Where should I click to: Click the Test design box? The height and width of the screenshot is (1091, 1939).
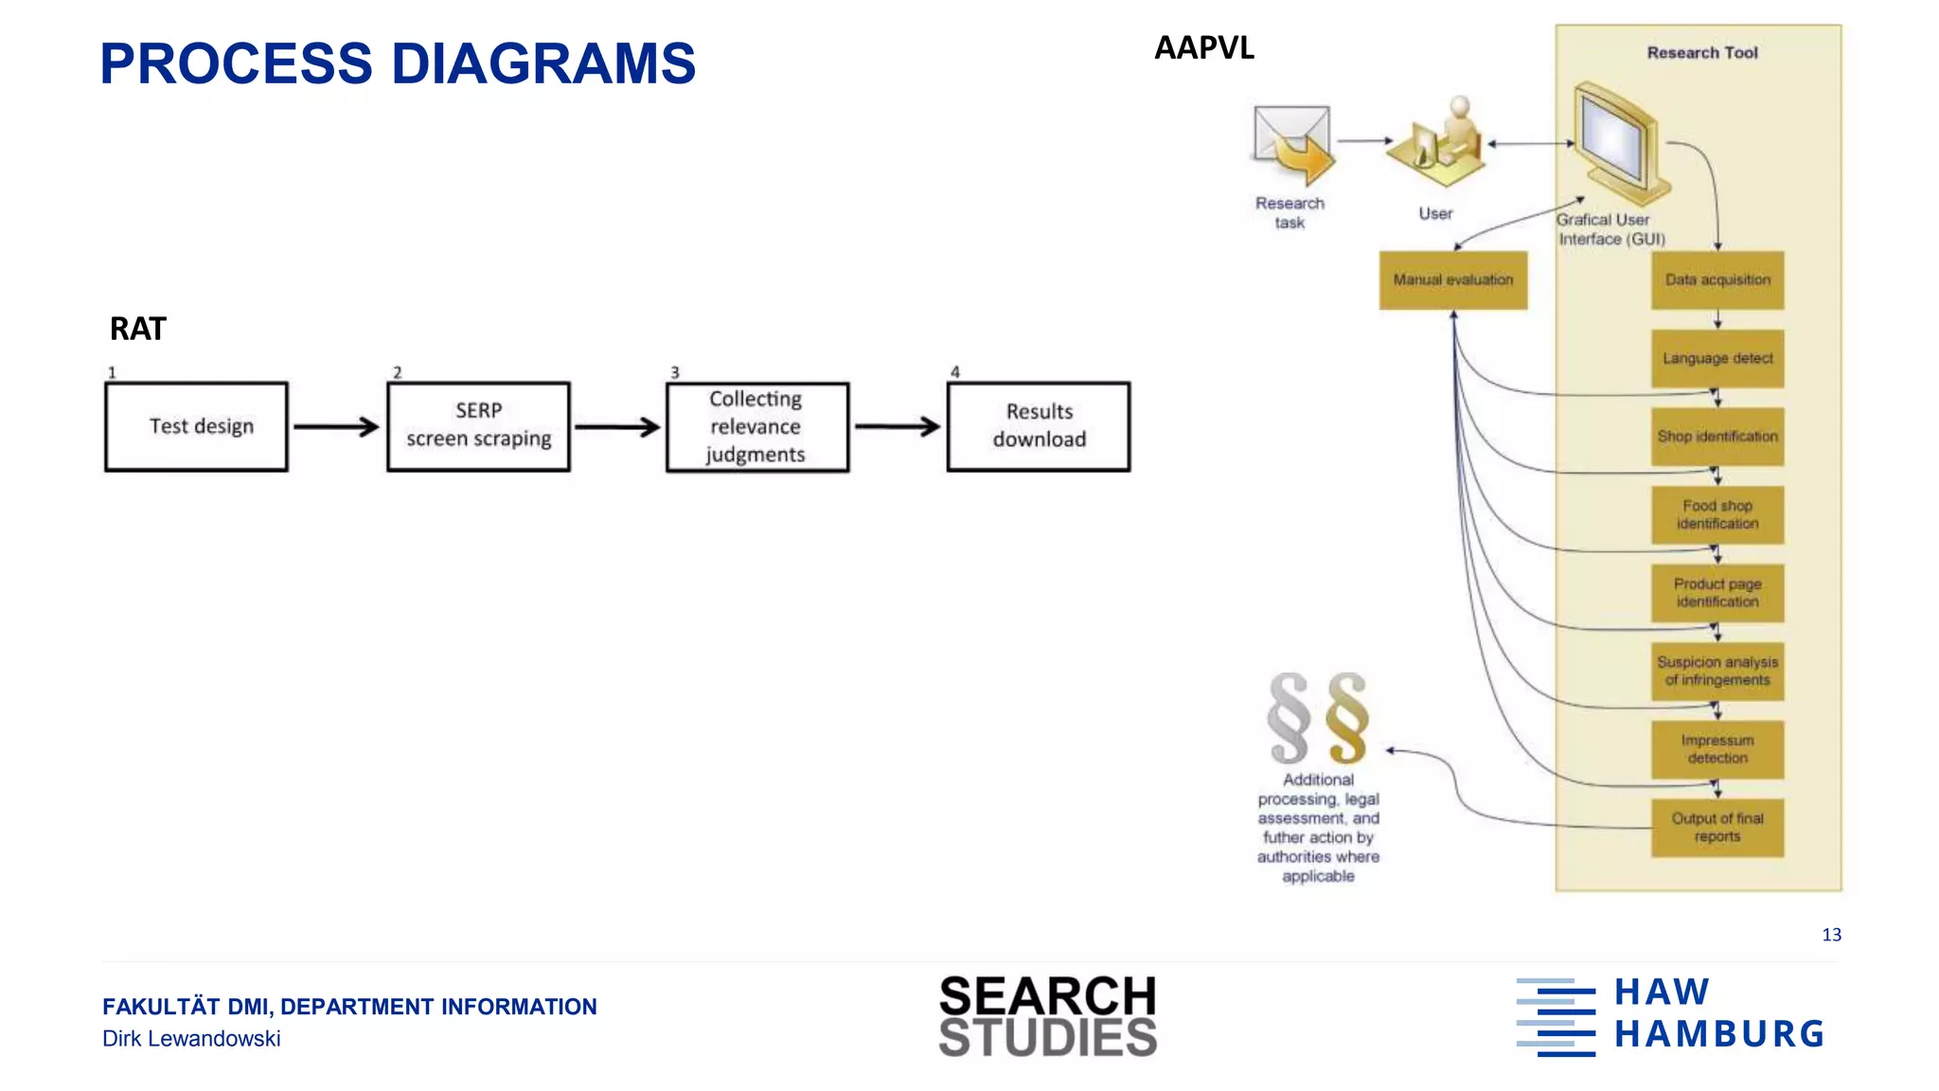[x=196, y=426]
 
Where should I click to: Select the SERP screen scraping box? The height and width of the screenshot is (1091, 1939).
[x=478, y=426]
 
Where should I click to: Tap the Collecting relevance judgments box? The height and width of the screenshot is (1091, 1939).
[x=756, y=426]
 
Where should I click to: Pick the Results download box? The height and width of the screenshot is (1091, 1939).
[x=1039, y=426]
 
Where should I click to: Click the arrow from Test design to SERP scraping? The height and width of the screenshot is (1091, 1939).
[x=336, y=427]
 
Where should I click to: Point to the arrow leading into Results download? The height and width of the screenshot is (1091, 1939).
[x=898, y=427]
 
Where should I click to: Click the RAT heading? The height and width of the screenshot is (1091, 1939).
[x=138, y=330]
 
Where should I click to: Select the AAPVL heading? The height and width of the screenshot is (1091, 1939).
[x=1203, y=48]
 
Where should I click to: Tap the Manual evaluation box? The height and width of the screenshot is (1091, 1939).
[x=1452, y=280]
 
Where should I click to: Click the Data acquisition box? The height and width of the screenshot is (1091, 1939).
[x=1717, y=280]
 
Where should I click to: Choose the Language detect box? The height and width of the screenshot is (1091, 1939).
[x=1717, y=358]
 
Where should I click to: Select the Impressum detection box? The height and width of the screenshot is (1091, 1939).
[x=1717, y=749]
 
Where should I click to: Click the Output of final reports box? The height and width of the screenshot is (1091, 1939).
[x=1717, y=828]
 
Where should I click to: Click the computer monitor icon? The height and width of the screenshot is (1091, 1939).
[x=1617, y=142]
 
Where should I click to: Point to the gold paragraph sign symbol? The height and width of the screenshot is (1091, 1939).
[x=1347, y=717]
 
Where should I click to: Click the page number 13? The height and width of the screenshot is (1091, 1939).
[x=1831, y=935]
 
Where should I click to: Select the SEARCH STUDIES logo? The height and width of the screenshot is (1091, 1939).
[x=1047, y=1016]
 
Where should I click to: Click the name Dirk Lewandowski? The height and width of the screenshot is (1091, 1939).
[x=191, y=1039]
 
